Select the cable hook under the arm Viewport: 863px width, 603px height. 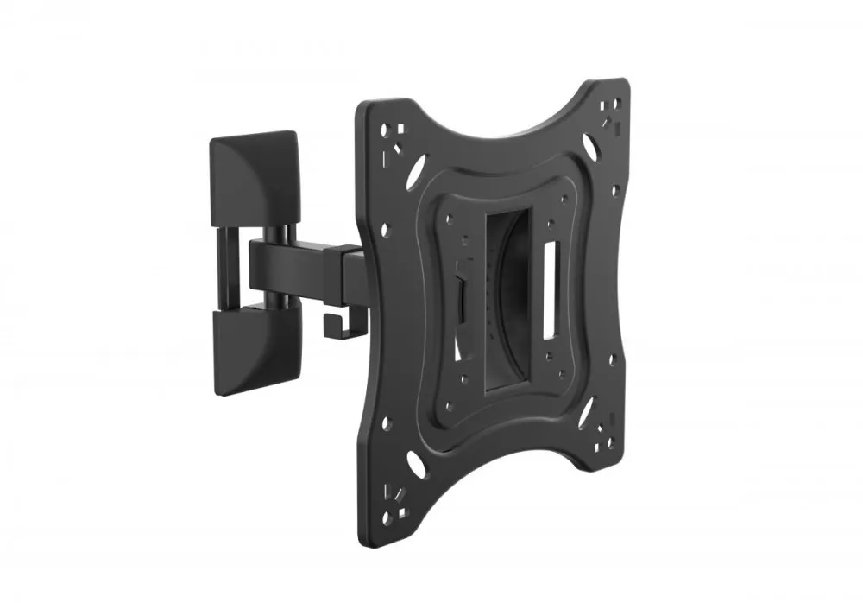[x=333, y=325]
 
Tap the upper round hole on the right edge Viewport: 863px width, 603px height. [x=614, y=189]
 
